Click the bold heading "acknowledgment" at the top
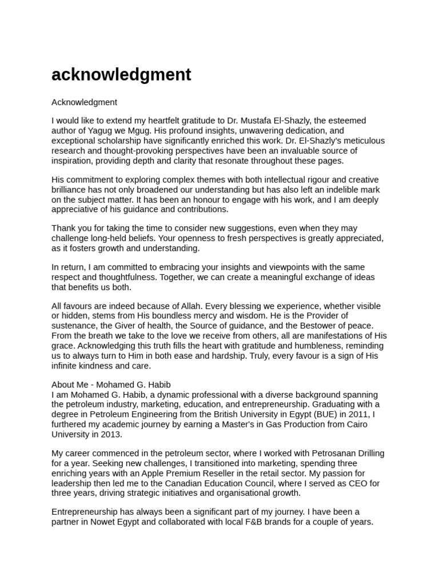121,75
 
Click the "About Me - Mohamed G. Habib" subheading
111,384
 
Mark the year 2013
111,434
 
